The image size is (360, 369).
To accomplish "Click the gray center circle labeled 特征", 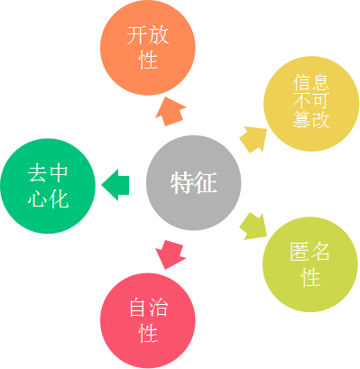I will [x=193, y=184].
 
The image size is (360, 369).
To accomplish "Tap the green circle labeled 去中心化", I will [x=47, y=184].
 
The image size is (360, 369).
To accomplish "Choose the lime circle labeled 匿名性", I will [x=309, y=263].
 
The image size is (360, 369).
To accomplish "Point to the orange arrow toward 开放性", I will [x=169, y=114].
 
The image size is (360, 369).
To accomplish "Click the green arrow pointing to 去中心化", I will [x=115, y=184].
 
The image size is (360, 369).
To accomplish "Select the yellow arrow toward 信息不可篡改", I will [x=254, y=139].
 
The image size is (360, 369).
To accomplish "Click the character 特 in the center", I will [x=181, y=184].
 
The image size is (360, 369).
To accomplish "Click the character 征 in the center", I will [x=205, y=184].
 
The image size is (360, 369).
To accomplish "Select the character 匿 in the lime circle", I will [x=299, y=253].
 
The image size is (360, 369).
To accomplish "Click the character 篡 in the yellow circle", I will [x=300, y=118].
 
